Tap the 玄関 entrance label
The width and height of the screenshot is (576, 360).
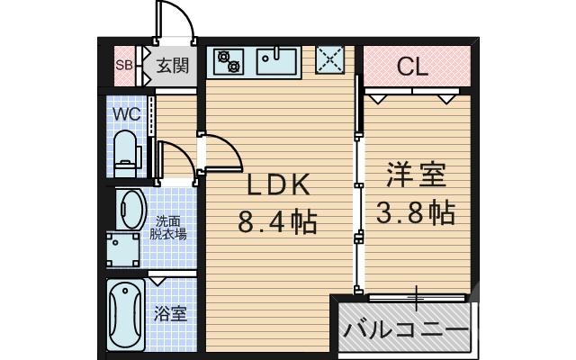[x=171, y=65]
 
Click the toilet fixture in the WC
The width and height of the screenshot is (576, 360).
[x=125, y=152]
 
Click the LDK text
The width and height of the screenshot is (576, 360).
[x=279, y=185]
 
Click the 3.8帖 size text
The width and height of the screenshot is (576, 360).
[x=416, y=212]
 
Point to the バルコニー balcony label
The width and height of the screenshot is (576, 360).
[x=406, y=329]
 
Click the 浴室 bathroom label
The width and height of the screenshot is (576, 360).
[x=170, y=314]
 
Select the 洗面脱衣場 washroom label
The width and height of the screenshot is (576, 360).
[x=169, y=228]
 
